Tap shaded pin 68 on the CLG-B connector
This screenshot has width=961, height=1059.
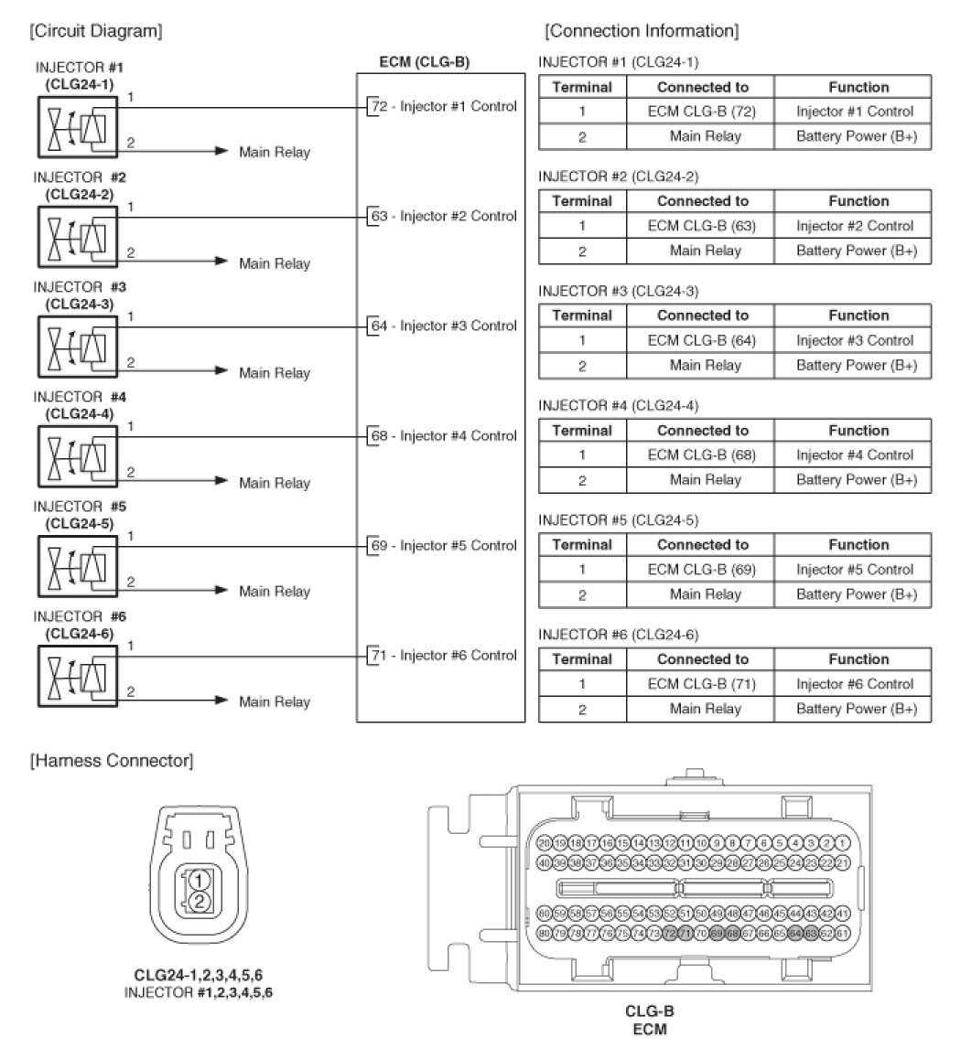pos(732,933)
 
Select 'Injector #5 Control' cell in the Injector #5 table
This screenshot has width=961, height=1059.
pos(854,569)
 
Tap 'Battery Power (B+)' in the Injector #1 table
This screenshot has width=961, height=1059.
pos(854,136)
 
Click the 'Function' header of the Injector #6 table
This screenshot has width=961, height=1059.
pos(858,658)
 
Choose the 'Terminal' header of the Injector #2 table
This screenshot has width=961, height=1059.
pos(581,200)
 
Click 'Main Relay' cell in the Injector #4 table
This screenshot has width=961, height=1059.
pos(705,479)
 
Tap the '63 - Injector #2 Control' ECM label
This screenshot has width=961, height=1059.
pos(444,216)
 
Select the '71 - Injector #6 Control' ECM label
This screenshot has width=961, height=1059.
pos(444,655)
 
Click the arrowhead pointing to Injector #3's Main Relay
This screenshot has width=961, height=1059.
pos(221,370)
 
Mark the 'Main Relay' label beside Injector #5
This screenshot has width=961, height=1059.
pos(275,592)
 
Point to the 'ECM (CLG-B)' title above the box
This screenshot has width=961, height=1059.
pos(425,62)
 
